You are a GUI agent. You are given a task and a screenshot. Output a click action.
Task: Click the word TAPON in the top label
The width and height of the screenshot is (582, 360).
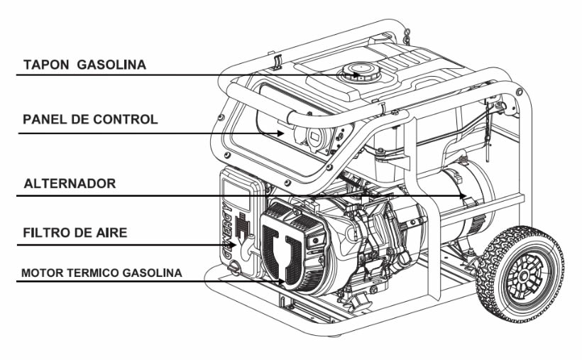point(43,65)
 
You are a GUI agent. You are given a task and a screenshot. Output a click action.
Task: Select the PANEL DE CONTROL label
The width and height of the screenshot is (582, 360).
point(90,119)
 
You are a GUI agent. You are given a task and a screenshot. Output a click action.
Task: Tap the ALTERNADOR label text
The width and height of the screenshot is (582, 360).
point(70,183)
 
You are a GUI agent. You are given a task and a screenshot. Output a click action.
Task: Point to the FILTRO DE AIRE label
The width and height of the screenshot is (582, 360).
point(75,231)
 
